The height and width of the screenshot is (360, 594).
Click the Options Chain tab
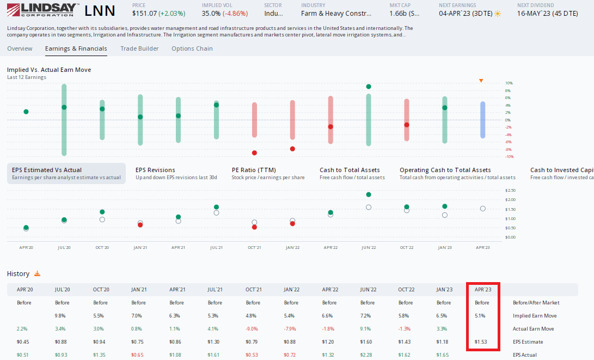(x=192, y=48)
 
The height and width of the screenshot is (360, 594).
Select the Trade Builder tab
(x=139, y=48)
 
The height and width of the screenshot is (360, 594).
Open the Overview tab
(x=20, y=48)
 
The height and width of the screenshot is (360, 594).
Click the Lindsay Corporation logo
(x=42, y=11)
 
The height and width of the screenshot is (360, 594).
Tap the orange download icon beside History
(x=38, y=274)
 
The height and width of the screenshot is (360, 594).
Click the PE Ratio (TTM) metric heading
(x=253, y=170)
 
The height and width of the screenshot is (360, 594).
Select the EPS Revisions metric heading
(x=155, y=170)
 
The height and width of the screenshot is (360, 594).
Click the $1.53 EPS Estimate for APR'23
(x=481, y=342)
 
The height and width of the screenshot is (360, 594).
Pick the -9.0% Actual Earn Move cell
(x=253, y=329)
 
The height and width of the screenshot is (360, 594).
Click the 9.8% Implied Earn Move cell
(x=60, y=316)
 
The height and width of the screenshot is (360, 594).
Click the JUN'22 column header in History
(x=368, y=290)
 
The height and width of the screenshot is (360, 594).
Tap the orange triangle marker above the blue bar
(x=481, y=81)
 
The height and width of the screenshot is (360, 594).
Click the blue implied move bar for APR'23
(x=482, y=120)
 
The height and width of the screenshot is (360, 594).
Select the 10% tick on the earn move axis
(x=509, y=83)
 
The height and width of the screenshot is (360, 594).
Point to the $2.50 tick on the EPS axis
(x=510, y=190)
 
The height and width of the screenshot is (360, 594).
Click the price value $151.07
(x=144, y=13)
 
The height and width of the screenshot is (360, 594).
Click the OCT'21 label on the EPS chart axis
(x=254, y=247)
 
